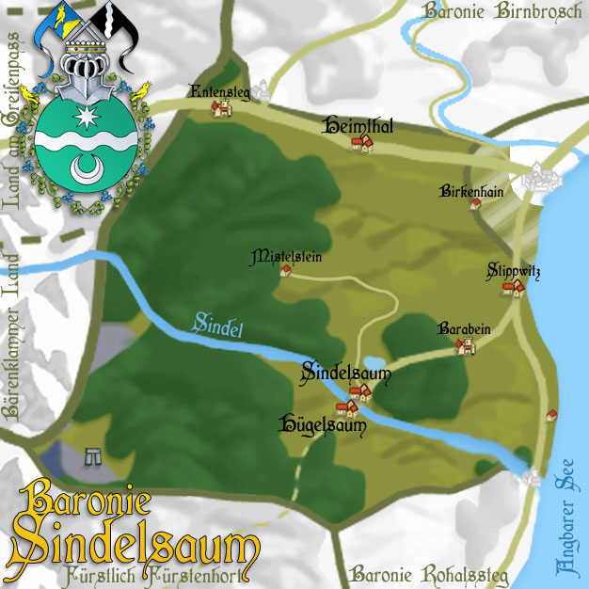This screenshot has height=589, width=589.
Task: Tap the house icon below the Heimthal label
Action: tap(361, 143)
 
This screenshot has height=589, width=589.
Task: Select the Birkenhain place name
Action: tap(471, 192)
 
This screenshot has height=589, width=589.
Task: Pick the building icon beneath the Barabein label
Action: tap(464, 346)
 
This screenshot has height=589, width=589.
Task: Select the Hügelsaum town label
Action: tap(323, 423)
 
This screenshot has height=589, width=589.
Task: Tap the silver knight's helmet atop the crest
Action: tap(86, 68)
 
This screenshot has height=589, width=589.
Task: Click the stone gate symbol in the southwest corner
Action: tap(92, 456)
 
